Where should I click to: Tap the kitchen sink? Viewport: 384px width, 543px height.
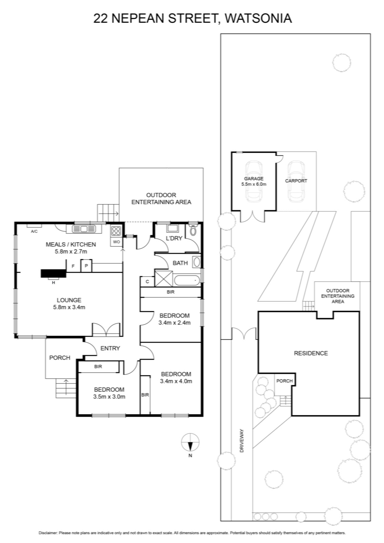click(x=84, y=229)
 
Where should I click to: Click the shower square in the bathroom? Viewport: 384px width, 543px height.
click(x=164, y=279)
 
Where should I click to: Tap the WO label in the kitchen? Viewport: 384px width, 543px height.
click(x=117, y=242)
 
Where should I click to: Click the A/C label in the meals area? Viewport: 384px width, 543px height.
click(x=34, y=231)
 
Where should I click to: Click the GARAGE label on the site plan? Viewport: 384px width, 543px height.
click(x=254, y=179)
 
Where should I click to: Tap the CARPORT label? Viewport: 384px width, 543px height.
click(x=296, y=181)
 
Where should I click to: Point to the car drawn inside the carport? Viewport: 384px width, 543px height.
click(x=296, y=181)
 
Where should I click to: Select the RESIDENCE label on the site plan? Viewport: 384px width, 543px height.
click(x=311, y=353)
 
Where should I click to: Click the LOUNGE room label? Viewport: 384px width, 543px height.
click(x=69, y=300)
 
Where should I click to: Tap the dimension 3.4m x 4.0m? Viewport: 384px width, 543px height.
click(x=176, y=381)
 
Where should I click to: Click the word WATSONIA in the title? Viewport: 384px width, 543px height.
click(x=258, y=18)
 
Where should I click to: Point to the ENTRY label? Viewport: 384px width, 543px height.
click(x=110, y=348)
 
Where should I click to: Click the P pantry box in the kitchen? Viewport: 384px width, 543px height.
click(x=86, y=266)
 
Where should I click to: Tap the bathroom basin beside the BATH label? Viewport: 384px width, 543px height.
click(x=196, y=262)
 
